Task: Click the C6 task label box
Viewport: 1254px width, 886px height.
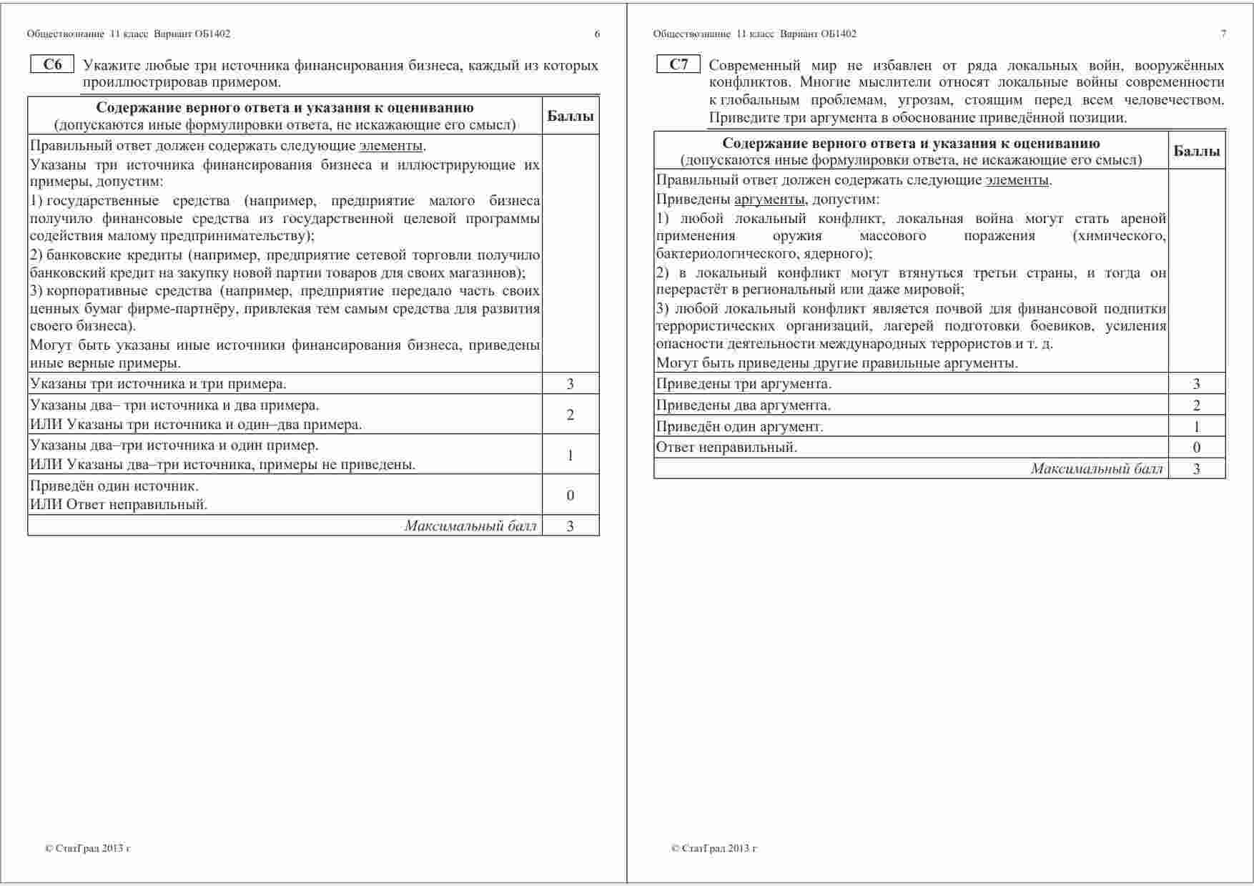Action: (52, 65)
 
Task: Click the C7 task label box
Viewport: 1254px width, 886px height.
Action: (678, 65)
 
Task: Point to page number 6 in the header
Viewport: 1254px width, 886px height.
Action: (597, 34)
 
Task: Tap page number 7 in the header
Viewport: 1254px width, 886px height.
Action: (1223, 34)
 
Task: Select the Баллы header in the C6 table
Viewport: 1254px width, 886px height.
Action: (570, 116)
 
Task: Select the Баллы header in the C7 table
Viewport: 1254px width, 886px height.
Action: (1197, 151)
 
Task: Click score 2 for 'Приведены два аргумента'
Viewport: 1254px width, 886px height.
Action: (1197, 405)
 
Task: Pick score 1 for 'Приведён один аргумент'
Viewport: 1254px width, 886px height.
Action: (1197, 427)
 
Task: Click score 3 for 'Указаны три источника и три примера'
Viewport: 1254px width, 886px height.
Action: (570, 384)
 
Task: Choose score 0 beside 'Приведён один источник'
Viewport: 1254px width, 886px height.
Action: (570, 495)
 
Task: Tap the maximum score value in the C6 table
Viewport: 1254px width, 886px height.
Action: (570, 526)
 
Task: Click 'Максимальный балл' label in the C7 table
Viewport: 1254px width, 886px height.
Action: (1097, 469)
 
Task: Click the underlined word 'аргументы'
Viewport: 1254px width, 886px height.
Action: (769, 200)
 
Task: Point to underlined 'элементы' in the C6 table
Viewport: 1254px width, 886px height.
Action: (390, 147)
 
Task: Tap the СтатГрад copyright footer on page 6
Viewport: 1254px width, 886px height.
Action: (87, 849)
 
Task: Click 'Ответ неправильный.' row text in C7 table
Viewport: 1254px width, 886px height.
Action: (726, 448)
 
